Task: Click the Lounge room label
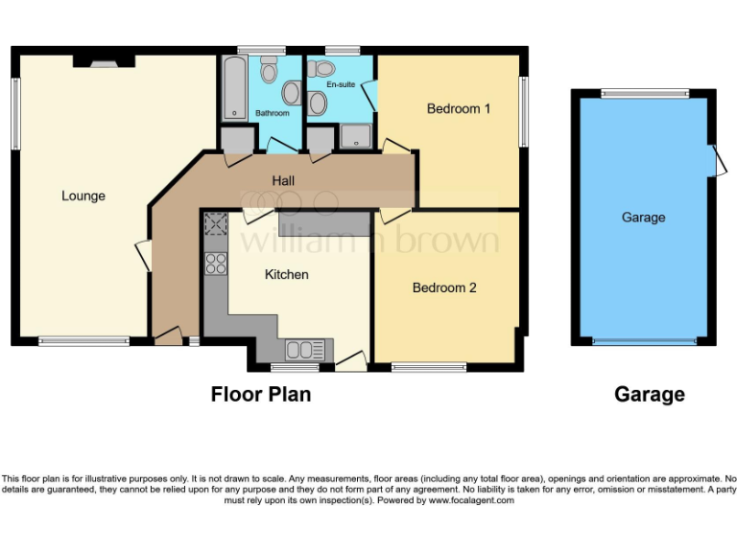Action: pos(83,196)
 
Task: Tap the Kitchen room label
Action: pos(287,275)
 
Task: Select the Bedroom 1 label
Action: pos(459,109)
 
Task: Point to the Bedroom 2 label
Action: pos(444,287)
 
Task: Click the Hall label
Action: pos(283,180)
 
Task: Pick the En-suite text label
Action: pos(341,85)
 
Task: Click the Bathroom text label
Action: pos(273,113)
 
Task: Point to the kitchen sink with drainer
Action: pos(306,348)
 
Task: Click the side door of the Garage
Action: pos(716,160)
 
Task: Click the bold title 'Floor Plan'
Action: pos(261,394)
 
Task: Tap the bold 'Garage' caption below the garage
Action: pos(650,394)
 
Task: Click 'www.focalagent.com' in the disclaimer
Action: pos(471,500)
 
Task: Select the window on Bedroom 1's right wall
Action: pos(523,112)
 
